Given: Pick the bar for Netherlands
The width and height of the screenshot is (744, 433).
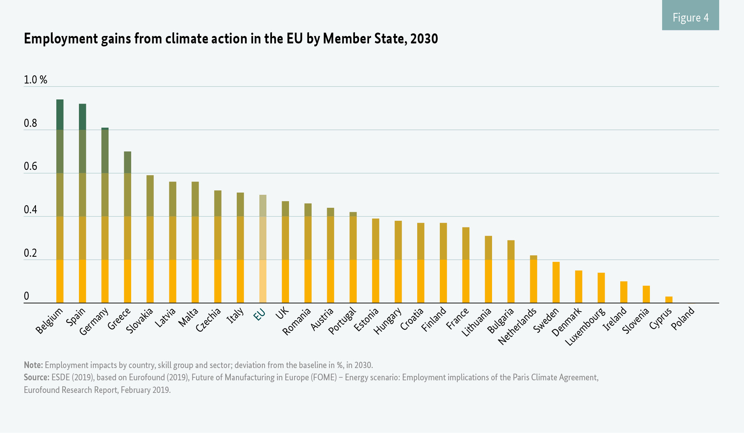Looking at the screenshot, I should tap(534, 279).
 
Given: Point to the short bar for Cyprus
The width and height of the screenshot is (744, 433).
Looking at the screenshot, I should tap(669, 299).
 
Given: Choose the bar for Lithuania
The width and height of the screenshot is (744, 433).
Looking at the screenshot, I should tap(488, 269).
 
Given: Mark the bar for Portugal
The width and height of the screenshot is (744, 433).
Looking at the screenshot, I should tap(353, 257).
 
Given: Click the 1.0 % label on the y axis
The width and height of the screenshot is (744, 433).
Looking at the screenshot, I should tap(36, 80).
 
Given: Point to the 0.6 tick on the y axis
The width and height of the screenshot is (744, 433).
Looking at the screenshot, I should tap(30, 167).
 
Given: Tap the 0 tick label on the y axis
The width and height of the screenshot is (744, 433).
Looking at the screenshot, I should tap(26, 296).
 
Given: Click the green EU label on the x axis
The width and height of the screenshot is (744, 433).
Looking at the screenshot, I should tap(259, 315).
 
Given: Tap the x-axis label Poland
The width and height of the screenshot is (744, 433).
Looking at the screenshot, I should tap(682, 319).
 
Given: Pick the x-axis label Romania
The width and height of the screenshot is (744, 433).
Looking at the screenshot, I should tap(296, 322).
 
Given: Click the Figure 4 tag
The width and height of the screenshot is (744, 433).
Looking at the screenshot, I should tap(690, 17).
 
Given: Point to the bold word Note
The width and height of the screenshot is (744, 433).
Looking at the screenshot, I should tap(33, 365).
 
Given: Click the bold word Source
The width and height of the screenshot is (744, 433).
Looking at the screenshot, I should tap(36, 378).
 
